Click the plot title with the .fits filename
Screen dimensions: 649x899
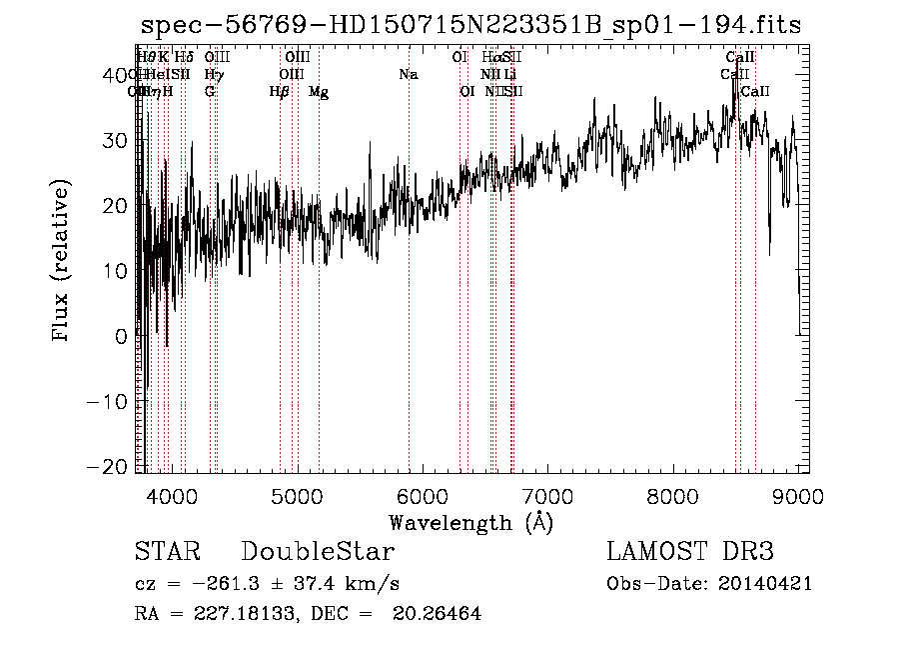tap(470, 25)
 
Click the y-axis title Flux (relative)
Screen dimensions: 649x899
tap(62, 262)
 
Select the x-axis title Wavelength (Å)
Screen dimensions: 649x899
tap(470, 522)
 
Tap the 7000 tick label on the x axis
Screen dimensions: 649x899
tap(547, 495)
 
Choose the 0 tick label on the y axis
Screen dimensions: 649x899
tap(122, 337)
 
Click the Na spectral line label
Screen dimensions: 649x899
tap(408, 74)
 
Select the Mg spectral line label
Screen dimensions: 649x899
tap(319, 92)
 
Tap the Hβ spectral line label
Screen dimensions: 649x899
tap(280, 92)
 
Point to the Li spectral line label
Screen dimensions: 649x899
tap(510, 74)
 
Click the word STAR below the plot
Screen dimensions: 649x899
tap(167, 552)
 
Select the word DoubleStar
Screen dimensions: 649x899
tap(318, 552)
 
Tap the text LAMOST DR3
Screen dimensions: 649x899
tap(689, 552)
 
